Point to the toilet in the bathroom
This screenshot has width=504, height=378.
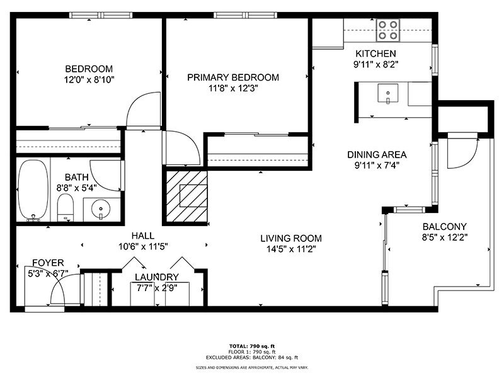[x=66, y=207]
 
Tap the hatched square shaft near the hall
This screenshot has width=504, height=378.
[x=186, y=197]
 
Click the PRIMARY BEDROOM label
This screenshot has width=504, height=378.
[x=233, y=77]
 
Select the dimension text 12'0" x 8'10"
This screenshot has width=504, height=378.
[x=89, y=80]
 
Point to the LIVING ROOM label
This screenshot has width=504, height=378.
[x=291, y=238]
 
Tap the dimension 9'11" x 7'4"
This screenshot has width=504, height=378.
[x=377, y=166]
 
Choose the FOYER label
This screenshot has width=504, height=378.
[x=48, y=263]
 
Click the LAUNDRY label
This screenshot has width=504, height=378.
[x=157, y=277]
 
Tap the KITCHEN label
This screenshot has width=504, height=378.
[x=375, y=54]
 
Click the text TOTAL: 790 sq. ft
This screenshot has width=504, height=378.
[x=251, y=346]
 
